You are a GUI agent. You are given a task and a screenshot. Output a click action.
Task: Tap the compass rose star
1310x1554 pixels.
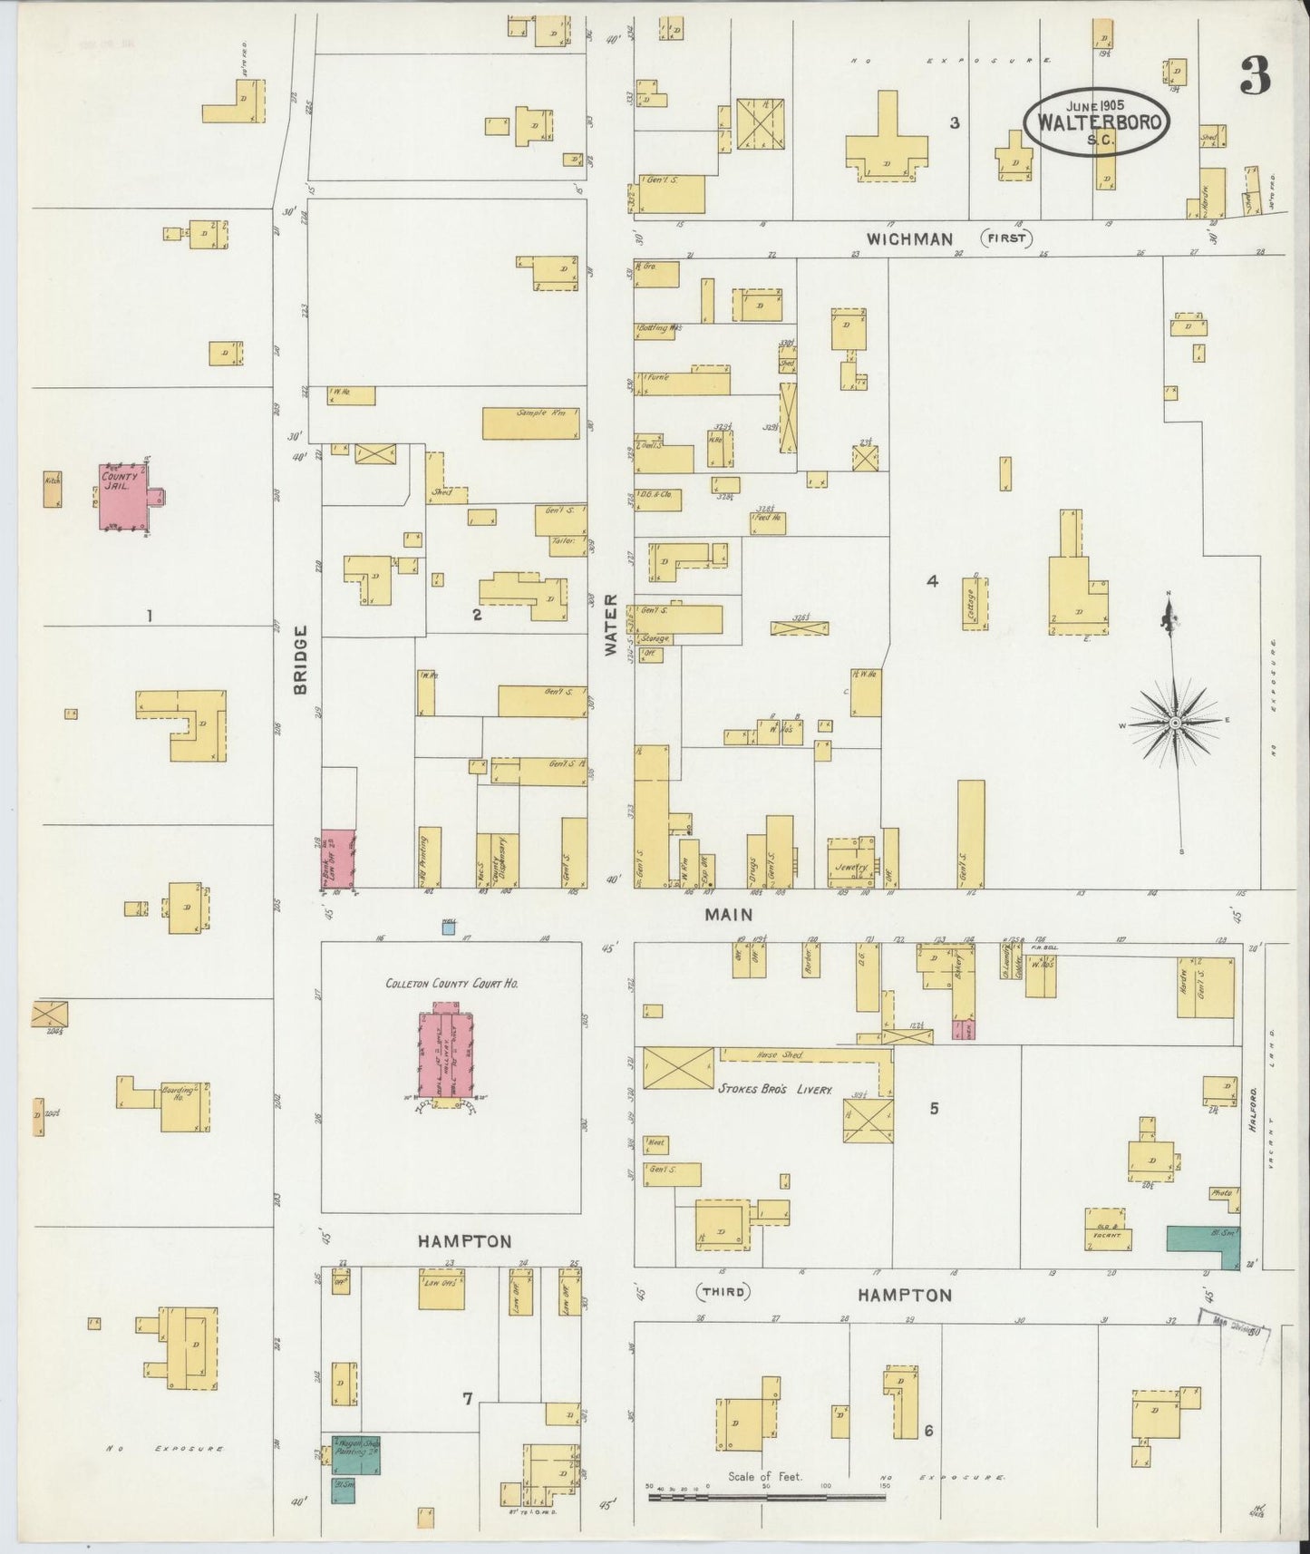point(1175,722)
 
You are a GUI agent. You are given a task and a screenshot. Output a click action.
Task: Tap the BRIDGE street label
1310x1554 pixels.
point(301,659)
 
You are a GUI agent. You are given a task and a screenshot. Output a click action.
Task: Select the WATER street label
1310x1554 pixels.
point(610,626)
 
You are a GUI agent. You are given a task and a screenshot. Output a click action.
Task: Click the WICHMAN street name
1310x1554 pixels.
point(909,239)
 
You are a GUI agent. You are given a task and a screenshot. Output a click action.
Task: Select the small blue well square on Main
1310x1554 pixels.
point(448,927)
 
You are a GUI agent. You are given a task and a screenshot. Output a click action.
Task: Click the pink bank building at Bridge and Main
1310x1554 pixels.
point(338,859)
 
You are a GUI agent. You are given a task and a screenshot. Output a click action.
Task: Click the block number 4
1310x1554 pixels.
point(931,581)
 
